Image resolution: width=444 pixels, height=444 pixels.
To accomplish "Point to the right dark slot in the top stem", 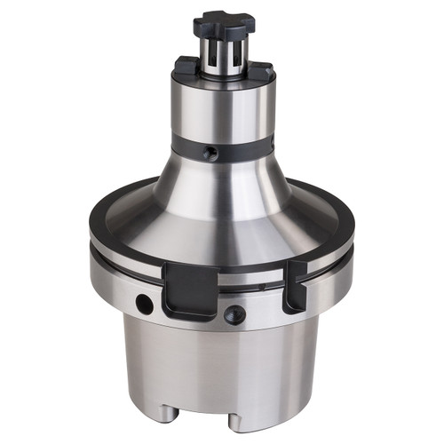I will point(236,54).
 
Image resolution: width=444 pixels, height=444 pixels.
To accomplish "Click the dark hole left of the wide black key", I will point(144,305).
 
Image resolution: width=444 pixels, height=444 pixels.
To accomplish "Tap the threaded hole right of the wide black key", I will point(234,313).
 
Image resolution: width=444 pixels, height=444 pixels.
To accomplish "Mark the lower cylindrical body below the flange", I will point(222,364).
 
